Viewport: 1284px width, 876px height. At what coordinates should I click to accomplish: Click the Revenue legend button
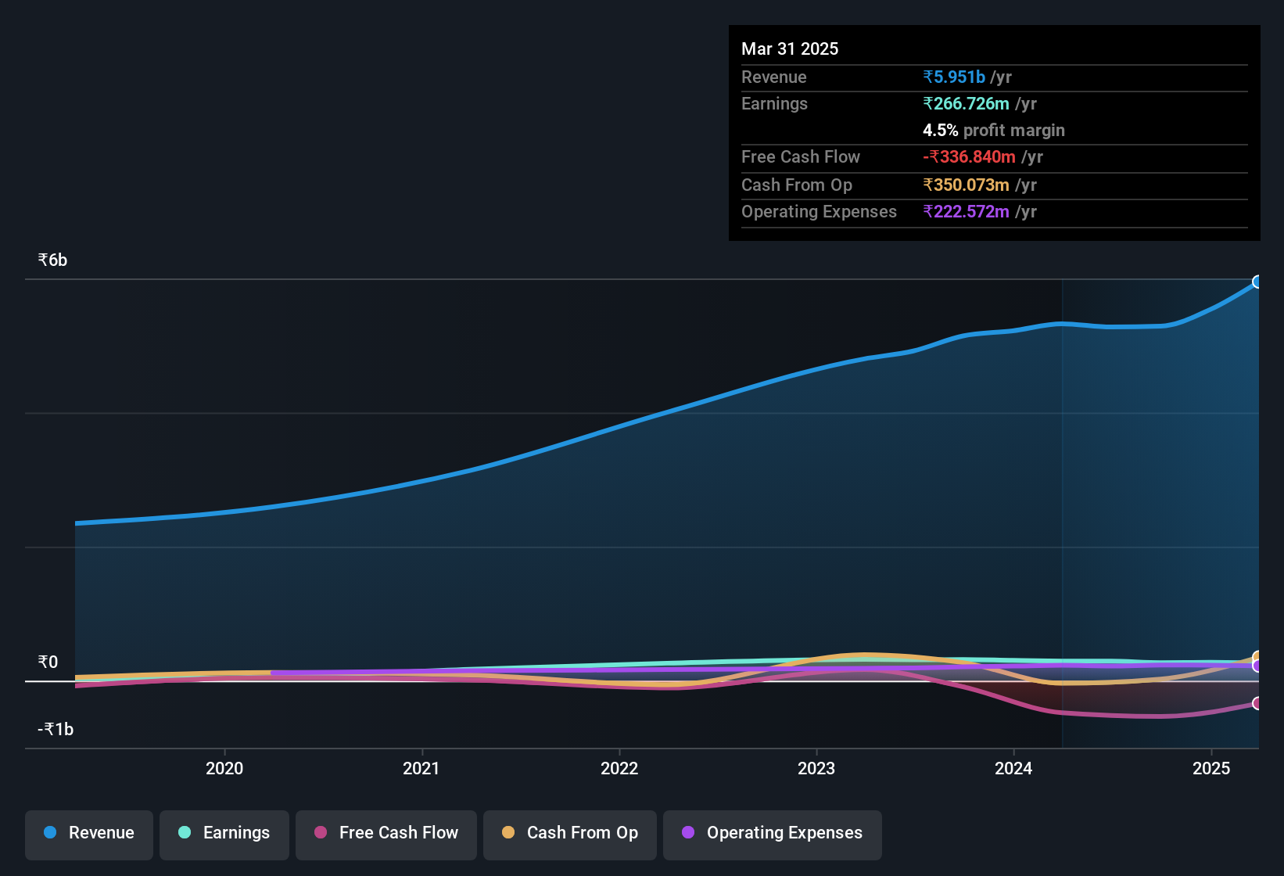pos(89,833)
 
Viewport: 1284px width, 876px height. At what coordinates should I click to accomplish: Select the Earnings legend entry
pos(224,833)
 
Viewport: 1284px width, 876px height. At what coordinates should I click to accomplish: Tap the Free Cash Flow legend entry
pos(386,833)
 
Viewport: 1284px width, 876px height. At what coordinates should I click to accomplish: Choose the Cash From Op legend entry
pos(570,833)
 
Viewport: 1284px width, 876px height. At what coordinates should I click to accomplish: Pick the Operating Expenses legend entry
pos(773,833)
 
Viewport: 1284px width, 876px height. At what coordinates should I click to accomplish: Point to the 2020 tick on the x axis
pos(224,768)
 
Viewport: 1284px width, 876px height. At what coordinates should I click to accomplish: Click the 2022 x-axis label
pos(619,768)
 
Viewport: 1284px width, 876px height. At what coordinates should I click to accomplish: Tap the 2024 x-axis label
pos(1013,768)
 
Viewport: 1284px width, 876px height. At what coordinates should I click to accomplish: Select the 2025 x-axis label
pos(1211,768)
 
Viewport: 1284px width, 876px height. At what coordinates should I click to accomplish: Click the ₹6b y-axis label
pos(53,260)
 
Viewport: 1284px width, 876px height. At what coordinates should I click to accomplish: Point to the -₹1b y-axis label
pos(56,730)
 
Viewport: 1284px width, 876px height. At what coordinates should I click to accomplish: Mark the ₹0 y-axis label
pos(48,662)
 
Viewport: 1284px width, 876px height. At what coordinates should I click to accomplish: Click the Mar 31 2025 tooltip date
pos(790,49)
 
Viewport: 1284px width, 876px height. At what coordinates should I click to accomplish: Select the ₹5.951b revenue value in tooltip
pos(954,77)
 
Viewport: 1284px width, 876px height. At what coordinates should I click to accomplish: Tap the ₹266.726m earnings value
pos(966,104)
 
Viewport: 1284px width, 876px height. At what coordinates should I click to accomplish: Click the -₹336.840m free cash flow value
pos(969,157)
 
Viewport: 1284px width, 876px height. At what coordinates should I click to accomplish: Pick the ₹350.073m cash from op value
pos(966,185)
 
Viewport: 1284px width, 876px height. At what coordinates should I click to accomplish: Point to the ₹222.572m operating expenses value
pos(966,212)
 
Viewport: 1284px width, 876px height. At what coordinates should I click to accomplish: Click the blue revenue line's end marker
pos(1257,282)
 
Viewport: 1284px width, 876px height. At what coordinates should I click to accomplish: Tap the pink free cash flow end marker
pos(1257,703)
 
